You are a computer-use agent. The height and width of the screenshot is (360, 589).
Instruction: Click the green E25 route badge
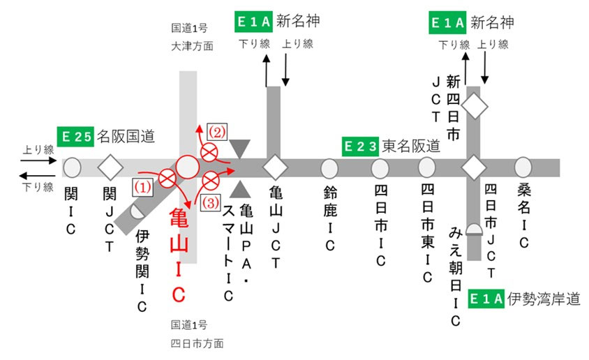(x=75, y=137)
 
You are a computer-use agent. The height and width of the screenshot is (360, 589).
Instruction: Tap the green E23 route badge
(x=360, y=147)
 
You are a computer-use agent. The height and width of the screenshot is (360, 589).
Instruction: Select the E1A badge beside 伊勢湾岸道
(x=486, y=299)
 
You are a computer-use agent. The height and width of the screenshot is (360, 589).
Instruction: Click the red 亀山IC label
(x=179, y=255)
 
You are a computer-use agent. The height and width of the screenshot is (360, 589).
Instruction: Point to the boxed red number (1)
(x=143, y=187)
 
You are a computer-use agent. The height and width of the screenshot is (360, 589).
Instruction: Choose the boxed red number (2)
(x=217, y=132)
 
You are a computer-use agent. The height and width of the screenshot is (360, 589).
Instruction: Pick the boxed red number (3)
(x=210, y=203)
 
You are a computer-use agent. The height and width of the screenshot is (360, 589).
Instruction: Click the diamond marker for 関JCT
(x=110, y=167)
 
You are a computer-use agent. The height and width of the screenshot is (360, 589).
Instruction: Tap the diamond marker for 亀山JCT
(x=276, y=167)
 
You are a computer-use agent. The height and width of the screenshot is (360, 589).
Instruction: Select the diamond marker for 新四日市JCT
(x=475, y=107)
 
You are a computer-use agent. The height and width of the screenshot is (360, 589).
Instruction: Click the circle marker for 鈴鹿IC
(x=329, y=169)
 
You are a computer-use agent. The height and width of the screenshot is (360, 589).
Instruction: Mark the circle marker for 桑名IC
(x=523, y=167)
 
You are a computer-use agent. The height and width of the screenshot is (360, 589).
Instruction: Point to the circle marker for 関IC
(x=72, y=167)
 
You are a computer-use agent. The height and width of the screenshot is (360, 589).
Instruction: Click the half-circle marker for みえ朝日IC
(x=474, y=230)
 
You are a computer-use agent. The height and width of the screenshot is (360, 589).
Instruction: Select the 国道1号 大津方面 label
(x=193, y=37)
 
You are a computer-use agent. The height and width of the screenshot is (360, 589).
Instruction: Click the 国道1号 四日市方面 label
(x=197, y=333)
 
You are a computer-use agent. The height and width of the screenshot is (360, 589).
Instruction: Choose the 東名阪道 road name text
(x=411, y=147)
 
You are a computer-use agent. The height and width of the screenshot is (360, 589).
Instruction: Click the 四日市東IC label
(x=427, y=233)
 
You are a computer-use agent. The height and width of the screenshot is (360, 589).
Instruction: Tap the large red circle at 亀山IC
(x=188, y=167)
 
